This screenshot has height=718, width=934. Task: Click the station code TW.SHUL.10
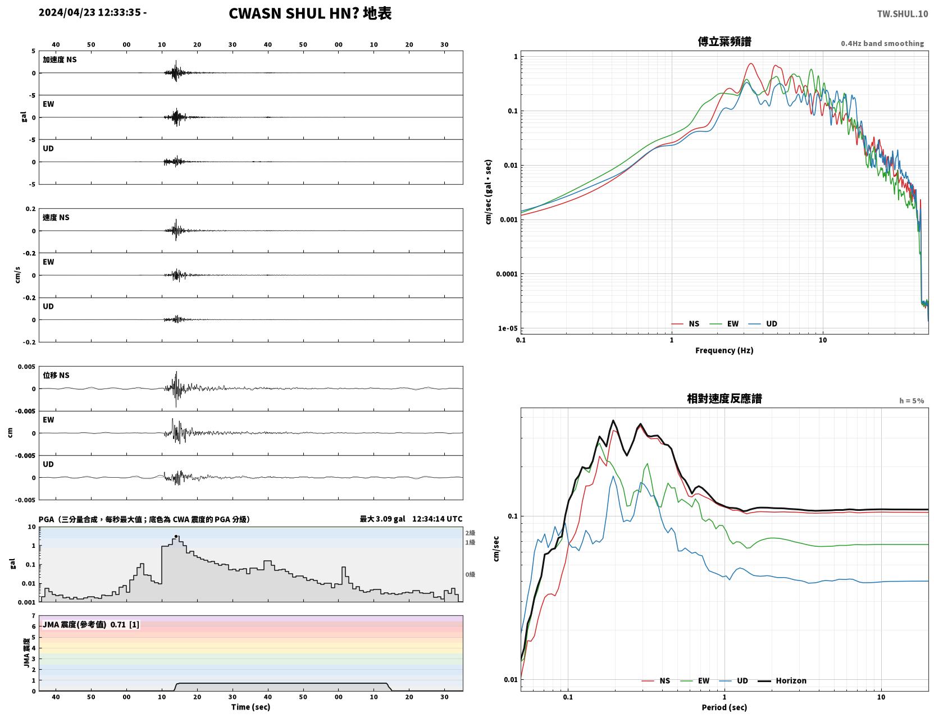point(902,13)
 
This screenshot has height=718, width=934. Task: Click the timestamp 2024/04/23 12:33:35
point(90,12)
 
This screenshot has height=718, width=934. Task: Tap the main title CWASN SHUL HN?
point(294,13)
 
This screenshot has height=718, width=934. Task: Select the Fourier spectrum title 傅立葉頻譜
point(725,42)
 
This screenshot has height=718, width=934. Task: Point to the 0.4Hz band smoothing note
point(882,43)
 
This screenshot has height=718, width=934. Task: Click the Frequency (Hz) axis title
point(725,350)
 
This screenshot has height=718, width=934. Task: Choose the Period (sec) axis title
point(725,707)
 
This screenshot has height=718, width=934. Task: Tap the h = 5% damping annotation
point(911,401)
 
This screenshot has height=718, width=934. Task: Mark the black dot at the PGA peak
point(176,536)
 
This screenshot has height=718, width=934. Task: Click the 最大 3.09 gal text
point(382,519)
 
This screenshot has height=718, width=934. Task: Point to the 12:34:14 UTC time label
point(437,519)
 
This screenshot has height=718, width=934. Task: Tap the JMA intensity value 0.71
point(118,624)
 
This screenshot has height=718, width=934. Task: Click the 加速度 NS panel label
point(60,60)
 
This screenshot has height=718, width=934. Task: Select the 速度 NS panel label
point(56,217)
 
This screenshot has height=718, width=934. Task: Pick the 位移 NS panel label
point(56,376)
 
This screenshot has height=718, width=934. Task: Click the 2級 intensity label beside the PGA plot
point(470,533)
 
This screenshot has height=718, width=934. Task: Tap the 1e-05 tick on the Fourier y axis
point(508,328)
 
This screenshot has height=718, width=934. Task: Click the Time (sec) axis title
point(250,707)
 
